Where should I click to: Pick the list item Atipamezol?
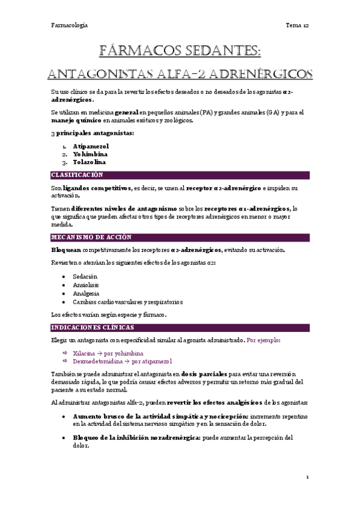91,146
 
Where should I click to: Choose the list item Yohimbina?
90,154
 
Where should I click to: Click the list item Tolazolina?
90,162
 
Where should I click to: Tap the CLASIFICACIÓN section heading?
78,175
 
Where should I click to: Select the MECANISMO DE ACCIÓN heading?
88,238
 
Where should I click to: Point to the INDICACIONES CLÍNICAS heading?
93,328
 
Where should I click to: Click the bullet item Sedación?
85,276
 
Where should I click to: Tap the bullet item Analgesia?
85,293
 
